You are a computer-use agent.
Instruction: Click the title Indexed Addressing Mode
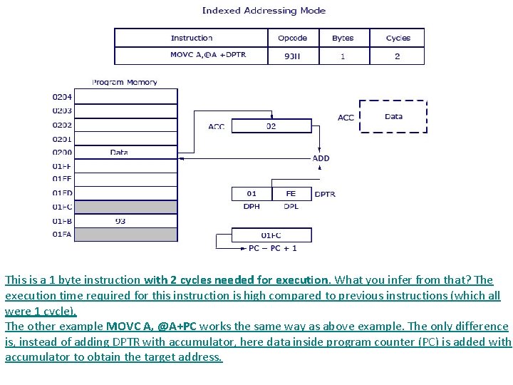pos(264,11)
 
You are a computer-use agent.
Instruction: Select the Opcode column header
pos(292,38)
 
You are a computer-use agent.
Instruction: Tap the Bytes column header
pos(342,38)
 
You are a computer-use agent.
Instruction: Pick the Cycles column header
pos(398,38)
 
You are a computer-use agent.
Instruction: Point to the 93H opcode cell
pos(292,56)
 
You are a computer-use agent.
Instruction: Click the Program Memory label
pos(124,82)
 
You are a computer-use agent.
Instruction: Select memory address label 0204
pos(62,96)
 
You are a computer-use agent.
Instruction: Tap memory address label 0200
pos(62,153)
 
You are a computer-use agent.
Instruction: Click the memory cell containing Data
pos(120,153)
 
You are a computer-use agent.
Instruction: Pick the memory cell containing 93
pos(120,221)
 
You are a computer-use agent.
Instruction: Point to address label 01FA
pos(62,235)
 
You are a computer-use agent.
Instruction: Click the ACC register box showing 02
pos(271,126)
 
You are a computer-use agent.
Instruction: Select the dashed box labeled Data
pos(393,117)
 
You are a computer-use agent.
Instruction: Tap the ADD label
pos(321,158)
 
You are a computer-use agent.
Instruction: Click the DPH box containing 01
pos(252,193)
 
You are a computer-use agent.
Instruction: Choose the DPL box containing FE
pos(291,193)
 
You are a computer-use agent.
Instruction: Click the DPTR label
pos(325,194)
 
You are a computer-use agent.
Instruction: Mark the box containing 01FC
pos(271,235)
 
